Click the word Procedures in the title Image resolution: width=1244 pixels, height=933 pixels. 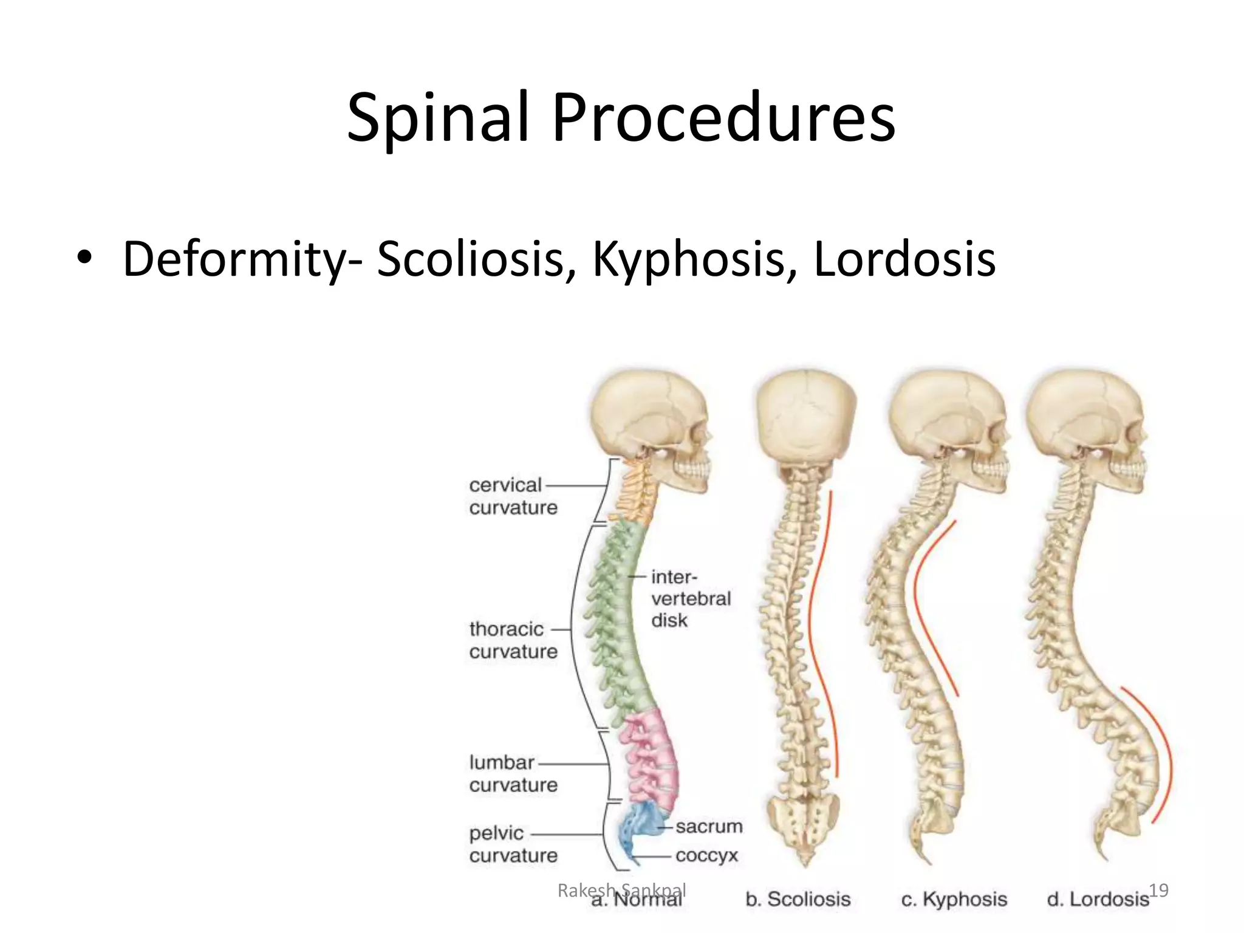click(x=723, y=118)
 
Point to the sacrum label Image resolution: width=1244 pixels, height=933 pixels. click(x=708, y=826)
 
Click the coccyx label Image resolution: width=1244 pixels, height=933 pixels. click(x=706, y=855)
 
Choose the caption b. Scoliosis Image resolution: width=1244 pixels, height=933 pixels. click(x=798, y=899)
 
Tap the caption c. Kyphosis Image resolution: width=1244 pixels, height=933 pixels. click(x=954, y=899)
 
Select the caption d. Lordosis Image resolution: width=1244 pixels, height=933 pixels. click(x=1097, y=899)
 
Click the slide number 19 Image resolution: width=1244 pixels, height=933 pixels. click(x=1158, y=890)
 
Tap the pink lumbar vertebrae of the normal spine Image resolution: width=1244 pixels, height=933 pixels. click(x=653, y=759)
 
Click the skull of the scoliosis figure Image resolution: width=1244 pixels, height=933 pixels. click(x=805, y=419)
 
